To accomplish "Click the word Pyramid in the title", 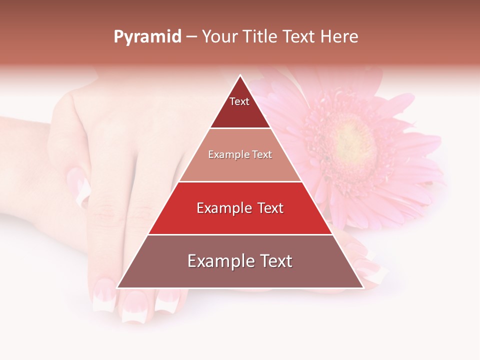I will coord(147,37).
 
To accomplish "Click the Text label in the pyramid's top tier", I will coord(239,101).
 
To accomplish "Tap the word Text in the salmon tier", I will coord(262,154).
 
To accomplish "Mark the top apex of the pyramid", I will coord(240,76).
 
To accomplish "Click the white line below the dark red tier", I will coord(240,128).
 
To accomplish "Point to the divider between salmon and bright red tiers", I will coord(240,181).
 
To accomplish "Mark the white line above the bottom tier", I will coord(240,234).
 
